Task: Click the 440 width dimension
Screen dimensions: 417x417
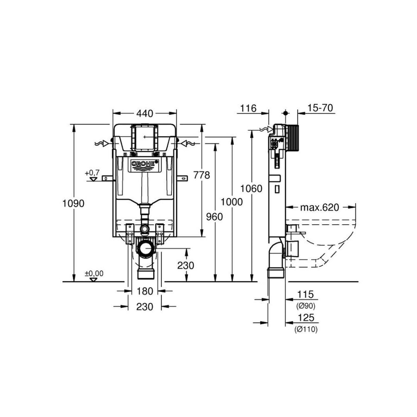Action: click(145, 114)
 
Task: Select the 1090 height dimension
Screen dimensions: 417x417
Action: click(73, 203)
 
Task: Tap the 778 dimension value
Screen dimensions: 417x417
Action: click(202, 175)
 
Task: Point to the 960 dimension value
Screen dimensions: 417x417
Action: click(215, 217)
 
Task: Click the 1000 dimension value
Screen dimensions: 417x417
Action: click(232, 202)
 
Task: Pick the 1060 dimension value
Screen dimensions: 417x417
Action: click(251, 189)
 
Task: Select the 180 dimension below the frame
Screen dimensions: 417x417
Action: click(145, 291)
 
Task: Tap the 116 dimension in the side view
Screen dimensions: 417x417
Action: click(248, 108)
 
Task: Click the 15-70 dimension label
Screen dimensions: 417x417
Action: click(320, 108)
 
